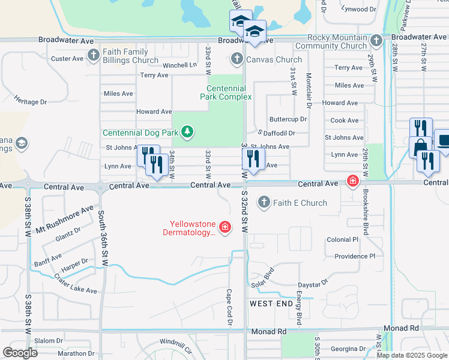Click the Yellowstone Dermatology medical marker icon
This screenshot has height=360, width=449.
tap(225, 227)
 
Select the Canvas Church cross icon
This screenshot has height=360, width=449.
tap(237, 59)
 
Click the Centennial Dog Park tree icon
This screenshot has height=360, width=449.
tap(188, 132)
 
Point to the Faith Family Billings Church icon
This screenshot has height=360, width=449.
tap(93, 56)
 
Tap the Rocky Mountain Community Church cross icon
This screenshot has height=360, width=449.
tap(376, 41)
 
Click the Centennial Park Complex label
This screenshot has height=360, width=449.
tap(223, 92)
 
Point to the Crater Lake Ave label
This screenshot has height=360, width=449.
tap(75, 283)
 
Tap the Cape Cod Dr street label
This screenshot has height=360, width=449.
tap(229, 307)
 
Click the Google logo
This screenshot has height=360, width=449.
tap(20, 353)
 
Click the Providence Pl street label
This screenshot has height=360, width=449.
tap(354, 256)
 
